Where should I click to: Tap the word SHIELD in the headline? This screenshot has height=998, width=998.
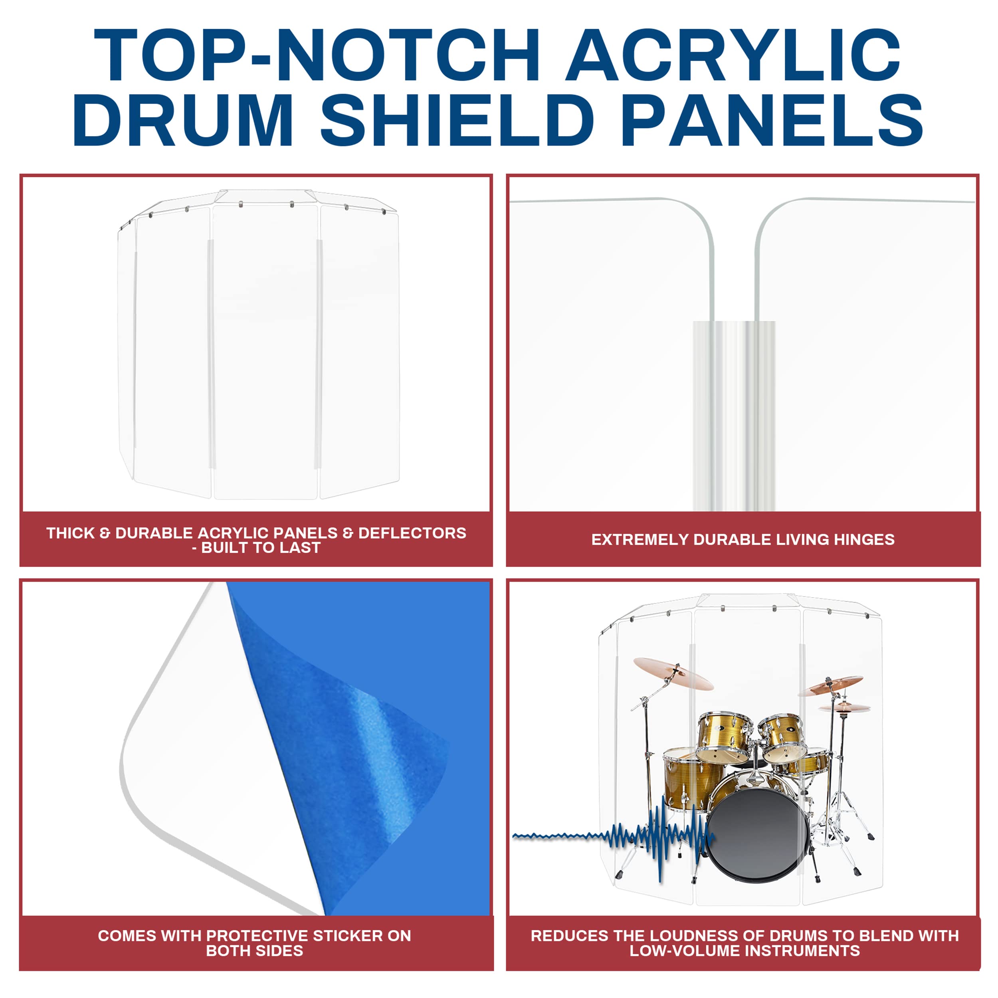[x=457, y=120]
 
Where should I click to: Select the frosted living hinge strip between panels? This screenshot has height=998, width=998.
[x=733, y=413]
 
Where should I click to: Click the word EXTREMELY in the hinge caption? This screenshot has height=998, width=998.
[x=640, y=540]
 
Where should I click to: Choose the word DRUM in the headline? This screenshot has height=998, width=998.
[x=183, y=120]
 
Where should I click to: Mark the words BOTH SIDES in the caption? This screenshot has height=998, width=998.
[x=254, y=950]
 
